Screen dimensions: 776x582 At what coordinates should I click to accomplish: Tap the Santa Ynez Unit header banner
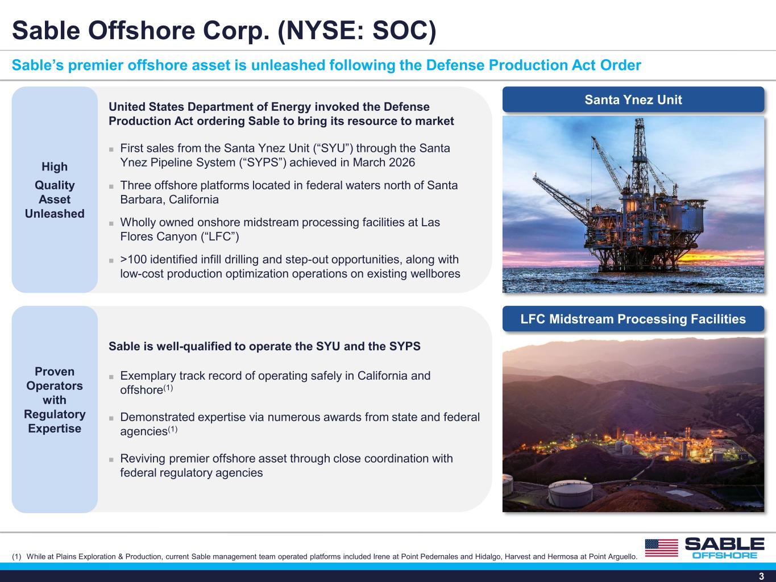[633, 99]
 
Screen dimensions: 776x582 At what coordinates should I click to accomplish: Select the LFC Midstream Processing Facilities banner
[633, 319]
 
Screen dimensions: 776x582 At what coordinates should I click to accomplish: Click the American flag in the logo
[662, 548]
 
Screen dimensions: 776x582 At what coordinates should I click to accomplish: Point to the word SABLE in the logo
[724, 544]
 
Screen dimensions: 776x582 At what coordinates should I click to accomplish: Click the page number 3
[761, 576]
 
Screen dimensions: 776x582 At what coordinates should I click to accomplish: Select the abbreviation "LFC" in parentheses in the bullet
[220, 236]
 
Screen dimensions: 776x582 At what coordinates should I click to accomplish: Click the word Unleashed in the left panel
[55, 214]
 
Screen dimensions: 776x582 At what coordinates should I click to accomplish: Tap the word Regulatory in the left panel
[55, 414]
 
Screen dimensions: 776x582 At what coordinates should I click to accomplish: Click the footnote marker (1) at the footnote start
[16, 556]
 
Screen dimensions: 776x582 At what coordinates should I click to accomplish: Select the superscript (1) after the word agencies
[172, 429]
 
